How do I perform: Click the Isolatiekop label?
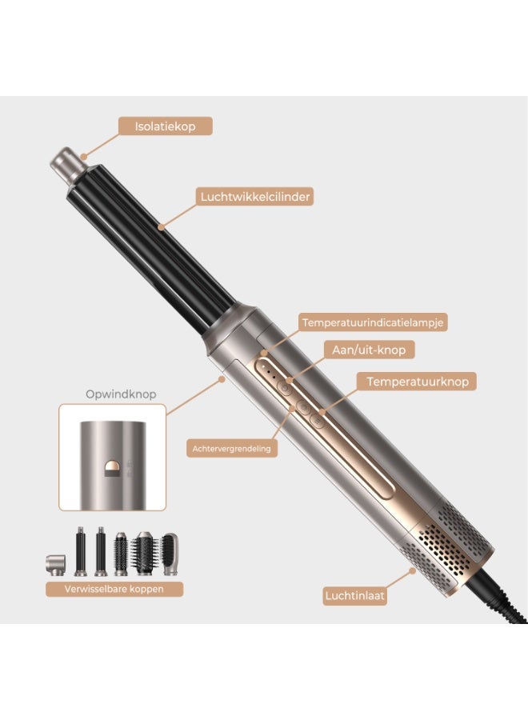point(166,126)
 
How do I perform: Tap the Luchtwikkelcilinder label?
point(255,197)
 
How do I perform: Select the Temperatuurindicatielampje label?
point(372,322)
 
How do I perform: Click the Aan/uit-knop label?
point(369,350)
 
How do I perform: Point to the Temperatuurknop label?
point(417,382)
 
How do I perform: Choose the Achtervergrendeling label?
point(232,449)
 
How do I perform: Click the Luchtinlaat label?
point(354,596)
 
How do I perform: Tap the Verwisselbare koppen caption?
point(114,589)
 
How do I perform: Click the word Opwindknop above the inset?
point(121,394)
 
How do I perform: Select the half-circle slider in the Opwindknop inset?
point(112,468)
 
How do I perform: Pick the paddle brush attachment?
point(170,554)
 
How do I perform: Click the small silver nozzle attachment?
point(55,565)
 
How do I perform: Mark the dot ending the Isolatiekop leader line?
point(83,157)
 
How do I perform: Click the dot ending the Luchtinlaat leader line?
point(412,570)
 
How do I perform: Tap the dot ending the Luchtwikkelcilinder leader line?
point(161,226)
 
